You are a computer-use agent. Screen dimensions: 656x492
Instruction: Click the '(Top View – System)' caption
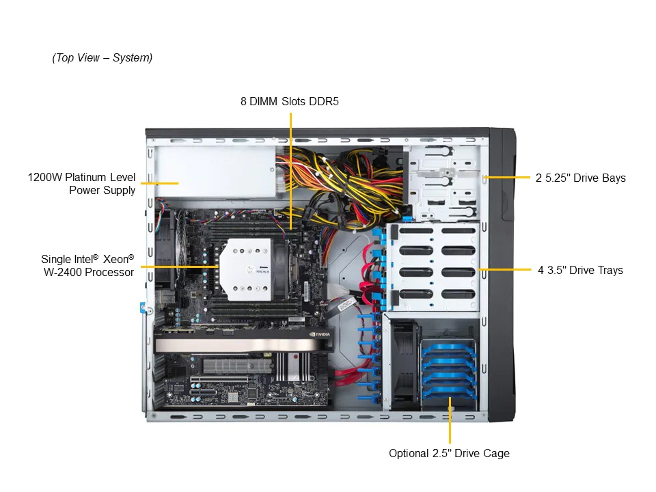tap(102, 57)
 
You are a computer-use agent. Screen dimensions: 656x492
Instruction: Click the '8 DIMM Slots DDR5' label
tap(290, 102)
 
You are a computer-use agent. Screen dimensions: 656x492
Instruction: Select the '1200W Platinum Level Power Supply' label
tap(81, 184)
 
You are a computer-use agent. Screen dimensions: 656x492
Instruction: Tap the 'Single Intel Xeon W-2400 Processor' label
tap(88, 266)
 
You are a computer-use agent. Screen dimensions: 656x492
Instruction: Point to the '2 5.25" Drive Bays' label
tap(581, 178)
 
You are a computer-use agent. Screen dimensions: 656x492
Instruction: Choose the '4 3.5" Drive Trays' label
tap(580, 271)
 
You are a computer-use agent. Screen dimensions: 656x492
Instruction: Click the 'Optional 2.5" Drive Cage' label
tap(450, 454)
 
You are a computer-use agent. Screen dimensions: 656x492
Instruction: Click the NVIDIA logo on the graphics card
tap(320, 334)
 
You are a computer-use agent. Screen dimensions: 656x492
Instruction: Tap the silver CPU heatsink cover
tap(246, 269)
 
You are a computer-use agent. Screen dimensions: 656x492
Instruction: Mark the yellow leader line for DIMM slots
tap(291, 171)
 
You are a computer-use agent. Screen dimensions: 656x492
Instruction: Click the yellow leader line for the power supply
tap(160, 183)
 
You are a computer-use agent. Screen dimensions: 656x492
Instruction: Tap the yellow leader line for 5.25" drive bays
tap(506, 178)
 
